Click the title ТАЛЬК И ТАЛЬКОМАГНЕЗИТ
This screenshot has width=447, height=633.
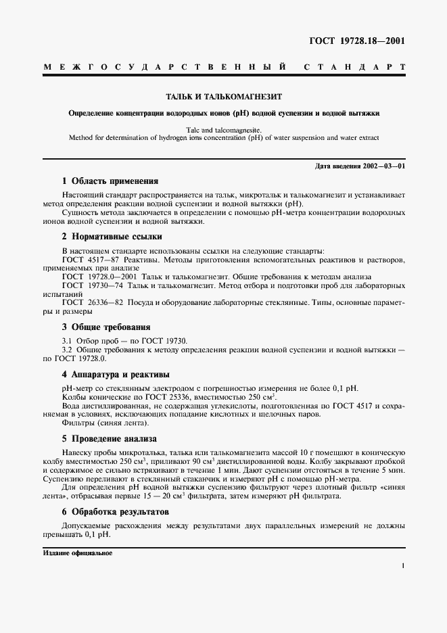coord(223,97)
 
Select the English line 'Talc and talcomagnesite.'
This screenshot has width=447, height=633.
coord(223,128)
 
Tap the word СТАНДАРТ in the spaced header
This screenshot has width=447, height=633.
coord(354,68)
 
